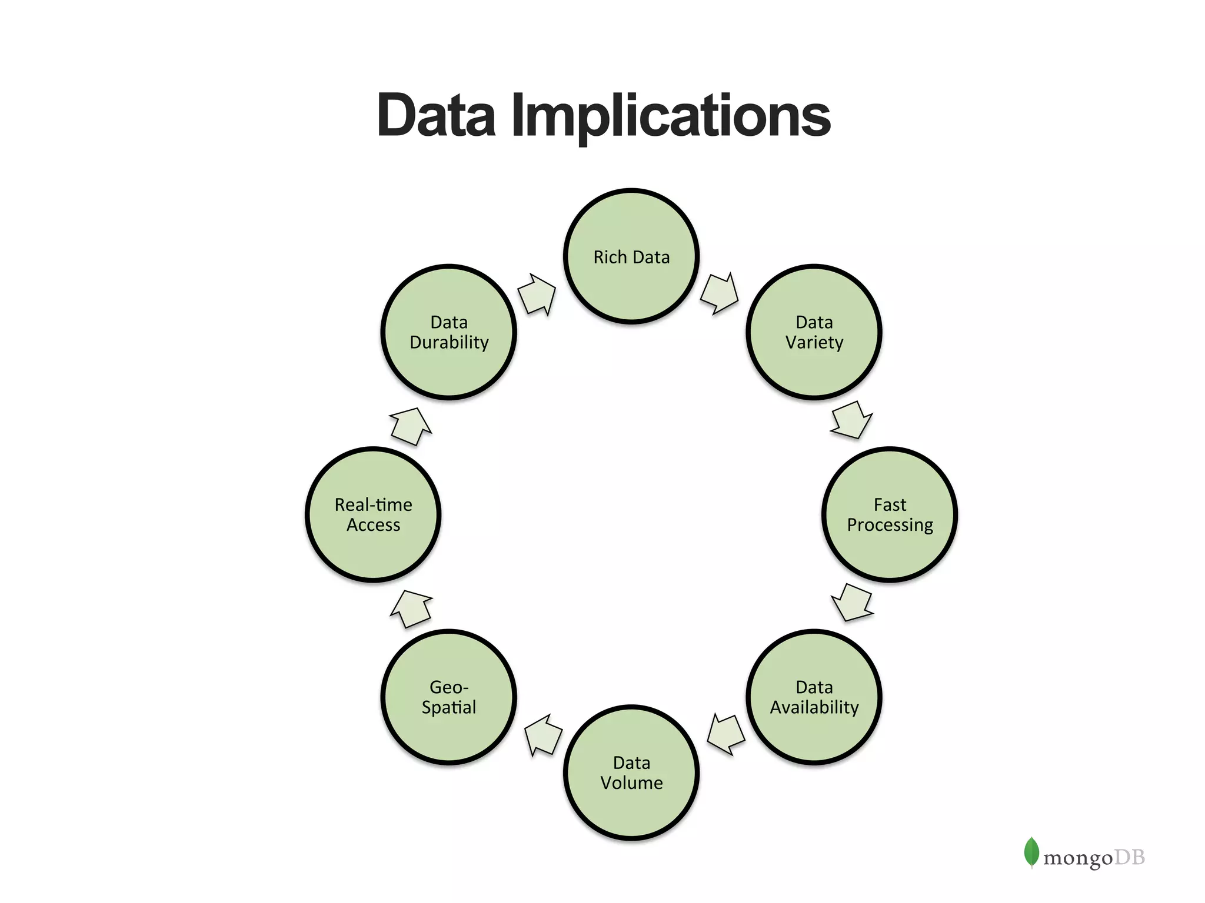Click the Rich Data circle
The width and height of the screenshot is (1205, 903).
(x=631, y=256)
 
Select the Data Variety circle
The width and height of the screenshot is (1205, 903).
(x=814, y=332)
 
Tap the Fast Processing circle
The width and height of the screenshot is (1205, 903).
(x=890, y=514)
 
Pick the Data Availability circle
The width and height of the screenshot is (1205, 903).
(x=814, y=697)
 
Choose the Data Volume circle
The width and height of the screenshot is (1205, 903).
(x=631, y=772)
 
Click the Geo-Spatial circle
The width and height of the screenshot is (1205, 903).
(x=449, y=697)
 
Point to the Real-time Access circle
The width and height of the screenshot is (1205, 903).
(x=373, y=514)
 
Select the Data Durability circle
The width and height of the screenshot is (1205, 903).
(x=449, y=332)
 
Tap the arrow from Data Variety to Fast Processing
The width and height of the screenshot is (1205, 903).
(x=851, y=420)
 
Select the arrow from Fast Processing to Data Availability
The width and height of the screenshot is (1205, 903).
(x=852, y=603)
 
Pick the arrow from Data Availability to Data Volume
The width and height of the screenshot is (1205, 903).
(x=725, y=734)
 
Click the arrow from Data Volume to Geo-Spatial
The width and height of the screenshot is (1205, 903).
(x=543, y=735)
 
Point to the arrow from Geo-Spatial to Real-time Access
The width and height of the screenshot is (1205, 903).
(x=411, y=608)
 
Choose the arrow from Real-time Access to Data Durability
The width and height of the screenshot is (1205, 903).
(x=411, y=426)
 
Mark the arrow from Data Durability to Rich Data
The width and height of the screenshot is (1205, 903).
(x=537, y=294)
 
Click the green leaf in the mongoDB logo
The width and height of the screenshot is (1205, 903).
(x=1031, y=852)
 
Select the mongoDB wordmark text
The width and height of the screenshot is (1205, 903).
(x=1094, y=858)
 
